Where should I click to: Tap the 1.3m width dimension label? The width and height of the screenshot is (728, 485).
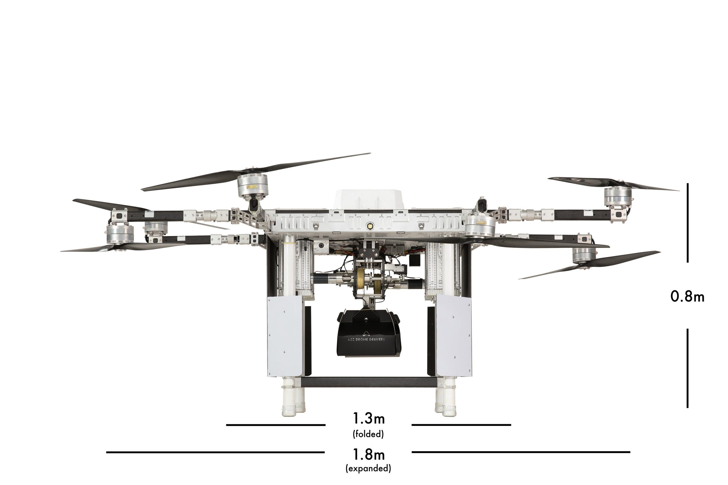point(369,418)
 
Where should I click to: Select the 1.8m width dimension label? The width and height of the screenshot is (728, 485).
point(369,454)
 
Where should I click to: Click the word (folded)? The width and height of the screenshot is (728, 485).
point(368,434)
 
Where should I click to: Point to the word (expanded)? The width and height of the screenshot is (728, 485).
point(368,468)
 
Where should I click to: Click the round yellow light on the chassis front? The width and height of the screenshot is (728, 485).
point(369,226)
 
